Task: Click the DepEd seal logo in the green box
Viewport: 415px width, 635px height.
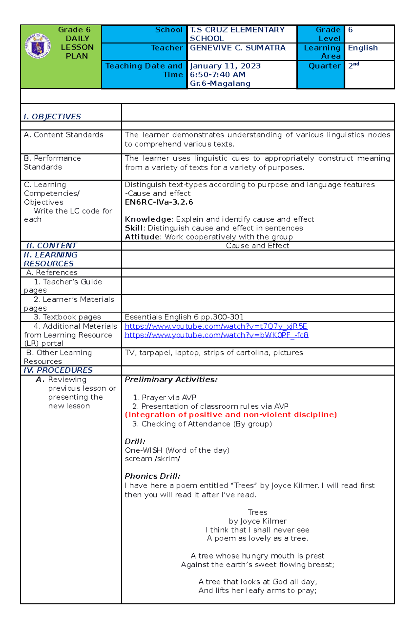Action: (x=38, y=46)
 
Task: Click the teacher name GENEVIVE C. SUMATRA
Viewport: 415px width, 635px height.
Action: (x=238, y=48)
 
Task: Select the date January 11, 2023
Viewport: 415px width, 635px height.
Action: (x=225, y=66)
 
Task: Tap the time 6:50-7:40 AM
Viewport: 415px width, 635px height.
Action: (x=218, y=74)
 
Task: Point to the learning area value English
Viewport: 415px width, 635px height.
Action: (x=362, y=48)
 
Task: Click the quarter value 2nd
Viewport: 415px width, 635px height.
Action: (x=353, y=65)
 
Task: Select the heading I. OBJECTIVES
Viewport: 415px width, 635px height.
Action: (x=52, y=117)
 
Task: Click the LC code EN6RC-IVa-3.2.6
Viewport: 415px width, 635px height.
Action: (x=159, y=202)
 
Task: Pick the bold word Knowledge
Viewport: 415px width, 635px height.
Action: (x=148, y=219)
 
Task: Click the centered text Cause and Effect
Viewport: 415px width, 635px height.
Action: (x=257, y=246)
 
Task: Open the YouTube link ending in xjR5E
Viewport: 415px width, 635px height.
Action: (x=216, y=326)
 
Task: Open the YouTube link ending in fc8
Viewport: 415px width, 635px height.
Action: (x=216, y=335)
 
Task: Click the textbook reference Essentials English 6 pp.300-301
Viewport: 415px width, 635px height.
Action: (x=184, y=317)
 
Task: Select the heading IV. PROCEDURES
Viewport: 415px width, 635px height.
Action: (x=58, y=370)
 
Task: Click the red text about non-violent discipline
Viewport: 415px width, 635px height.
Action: (x=231, y=415)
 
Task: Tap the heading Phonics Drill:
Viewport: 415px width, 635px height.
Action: (x=153, y=476)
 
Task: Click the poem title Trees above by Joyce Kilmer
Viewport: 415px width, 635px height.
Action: (x=257, y=512)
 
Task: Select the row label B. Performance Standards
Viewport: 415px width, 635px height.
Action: (x=52, y=163)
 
